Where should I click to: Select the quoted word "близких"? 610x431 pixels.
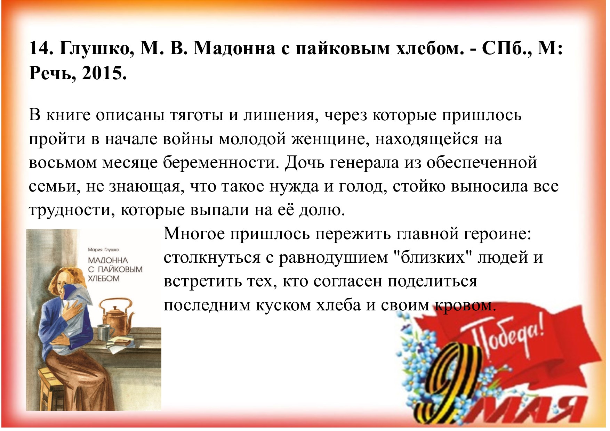[x=432, y=258]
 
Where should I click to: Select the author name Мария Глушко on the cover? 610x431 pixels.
[x=104, y=250]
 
